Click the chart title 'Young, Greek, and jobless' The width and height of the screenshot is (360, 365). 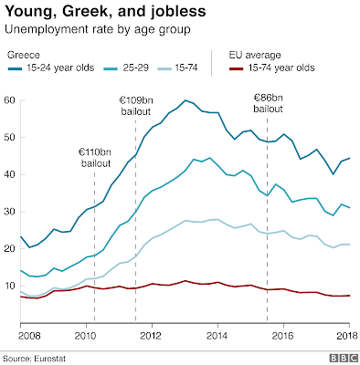tap(105, 12)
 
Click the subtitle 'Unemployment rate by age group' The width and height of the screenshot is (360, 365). tap(98, 29)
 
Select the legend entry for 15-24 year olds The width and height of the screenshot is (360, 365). tap(51, 68)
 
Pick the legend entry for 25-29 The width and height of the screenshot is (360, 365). tap(126, 68)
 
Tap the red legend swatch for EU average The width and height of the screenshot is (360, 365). tap(236, 68)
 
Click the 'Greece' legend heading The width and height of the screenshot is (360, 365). tap(24, 55)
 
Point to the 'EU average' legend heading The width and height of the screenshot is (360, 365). tap(255, 55)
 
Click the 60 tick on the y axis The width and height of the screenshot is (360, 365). tap(9, 100)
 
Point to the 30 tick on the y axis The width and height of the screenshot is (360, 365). tap(9, 212)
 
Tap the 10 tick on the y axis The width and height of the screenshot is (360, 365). tap(9, 286)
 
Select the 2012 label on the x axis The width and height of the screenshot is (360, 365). tap(152, 336)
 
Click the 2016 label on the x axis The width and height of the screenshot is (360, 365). tap(283, 336)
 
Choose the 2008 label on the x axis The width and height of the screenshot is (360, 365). tap(29, 336)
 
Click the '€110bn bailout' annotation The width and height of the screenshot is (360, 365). tap(96, 158)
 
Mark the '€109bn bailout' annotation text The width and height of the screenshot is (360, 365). tap(136, 106)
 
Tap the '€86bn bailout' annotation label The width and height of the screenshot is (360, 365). tap(269, 103)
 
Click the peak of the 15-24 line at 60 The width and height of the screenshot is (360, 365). tap(185, 100)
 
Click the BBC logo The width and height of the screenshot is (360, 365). tap(344, 358)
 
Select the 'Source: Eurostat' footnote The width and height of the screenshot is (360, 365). tap(34, 359)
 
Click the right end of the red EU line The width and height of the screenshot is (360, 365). tap(349, 296)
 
